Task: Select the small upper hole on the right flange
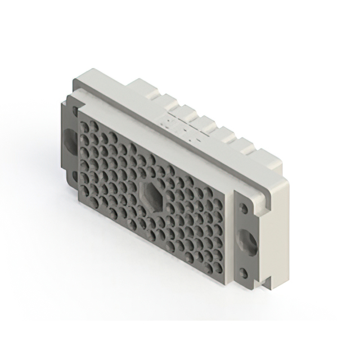[244, 208]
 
